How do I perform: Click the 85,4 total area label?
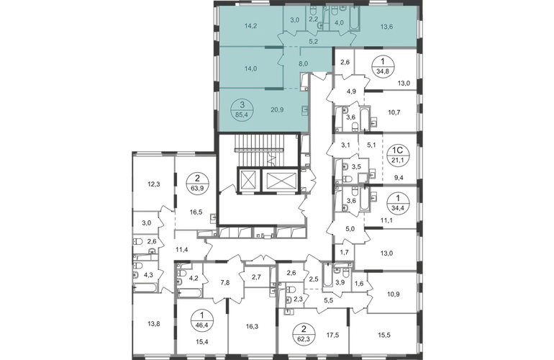tap(242, 114)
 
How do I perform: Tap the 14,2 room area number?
tap(250, 25)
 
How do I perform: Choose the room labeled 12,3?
tap(154, 184)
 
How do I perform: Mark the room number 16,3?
tap(252, 327)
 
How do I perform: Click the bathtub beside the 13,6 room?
tap(354, 18)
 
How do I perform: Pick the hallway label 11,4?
tap(181, 250)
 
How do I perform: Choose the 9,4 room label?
tap(399, 178)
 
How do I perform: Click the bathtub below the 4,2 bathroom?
tap(190, 293)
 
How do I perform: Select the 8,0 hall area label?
tap(303, 64)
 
